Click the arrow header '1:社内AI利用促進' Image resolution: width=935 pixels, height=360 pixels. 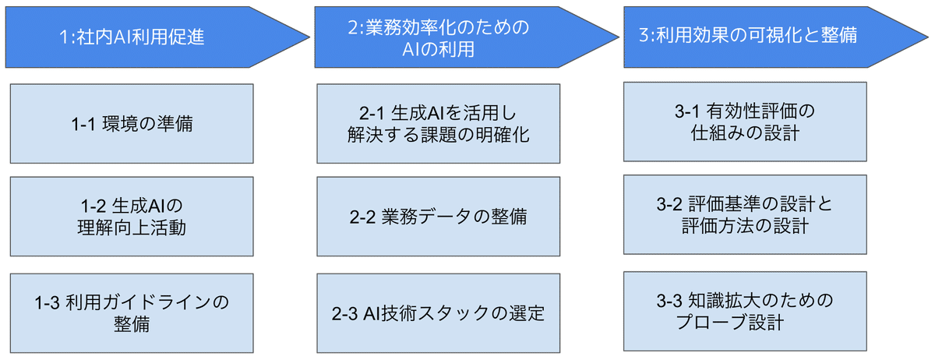pyautogui.click(x=132, y=37)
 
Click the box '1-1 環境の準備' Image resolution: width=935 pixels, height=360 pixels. pyautogui.click(x=131, y=123)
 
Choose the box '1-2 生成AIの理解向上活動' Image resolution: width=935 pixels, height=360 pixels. pyautogui.click(x=131, y=217)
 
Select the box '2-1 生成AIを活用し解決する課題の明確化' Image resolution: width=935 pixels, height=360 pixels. pyautogui.click(x=438, y=123)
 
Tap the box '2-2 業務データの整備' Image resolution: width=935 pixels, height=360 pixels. pyautogui.click(x=438, y=217)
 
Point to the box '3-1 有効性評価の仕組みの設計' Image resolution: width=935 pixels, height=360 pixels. pyautogui.click(x=746, y=122)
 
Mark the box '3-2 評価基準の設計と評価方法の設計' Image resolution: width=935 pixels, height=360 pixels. pyautogui.click(x=746, y=215)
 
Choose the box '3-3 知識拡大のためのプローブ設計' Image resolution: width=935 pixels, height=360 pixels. pyautogui.click(x=746, y=310)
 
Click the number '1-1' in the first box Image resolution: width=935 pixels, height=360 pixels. pyautogui.click(x=83, y=123)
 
